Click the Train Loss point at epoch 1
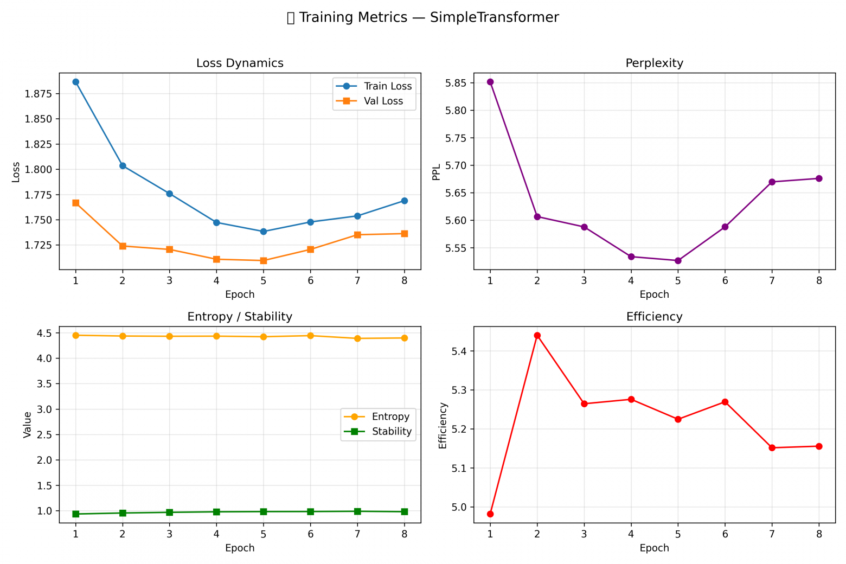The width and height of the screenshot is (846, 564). pos(76,82)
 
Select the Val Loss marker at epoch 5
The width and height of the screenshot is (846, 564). pos(264,261)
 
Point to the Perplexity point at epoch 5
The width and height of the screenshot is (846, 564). pos(678,261)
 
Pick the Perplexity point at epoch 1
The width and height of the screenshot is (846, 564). pos(490,82)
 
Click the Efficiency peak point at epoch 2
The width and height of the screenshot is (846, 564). pos(537,336)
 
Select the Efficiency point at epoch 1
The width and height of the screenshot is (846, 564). pos(490,514)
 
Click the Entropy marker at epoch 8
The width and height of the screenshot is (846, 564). pos(405,338)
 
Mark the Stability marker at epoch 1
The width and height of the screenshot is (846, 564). pos(76,514)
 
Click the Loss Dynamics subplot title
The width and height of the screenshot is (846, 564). pos(240,63)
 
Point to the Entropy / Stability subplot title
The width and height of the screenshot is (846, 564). pos(240,317)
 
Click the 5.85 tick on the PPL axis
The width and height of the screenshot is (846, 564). pos(456,83)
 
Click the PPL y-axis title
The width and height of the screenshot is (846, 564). pos(437,171)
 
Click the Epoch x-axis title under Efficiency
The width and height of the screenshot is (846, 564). pos(654,548)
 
